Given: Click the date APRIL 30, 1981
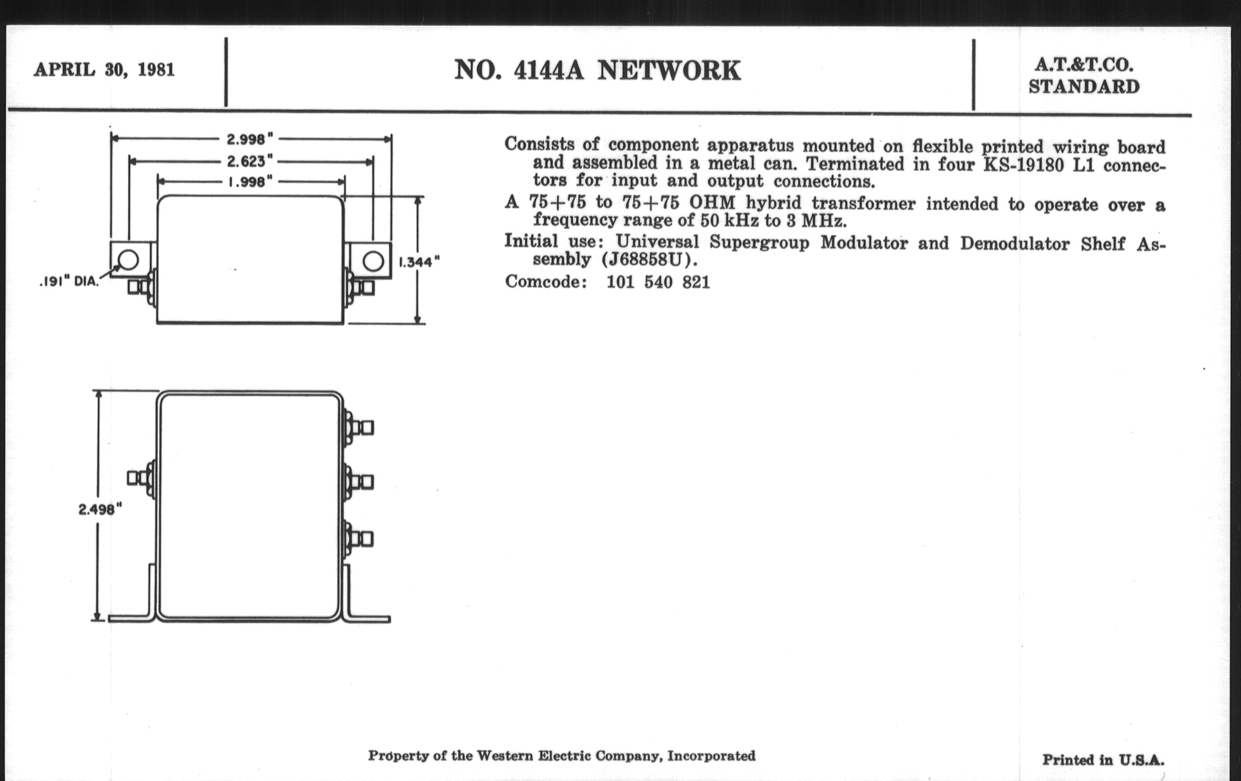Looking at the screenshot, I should click(104, 69).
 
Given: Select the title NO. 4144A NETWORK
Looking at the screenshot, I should click(597, 70).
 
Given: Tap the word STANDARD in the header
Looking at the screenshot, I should click(1084, 87).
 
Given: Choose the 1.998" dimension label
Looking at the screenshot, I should click(250, 182).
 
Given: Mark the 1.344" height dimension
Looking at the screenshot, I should click(419, 262).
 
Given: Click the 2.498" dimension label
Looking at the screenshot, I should click(100, 509).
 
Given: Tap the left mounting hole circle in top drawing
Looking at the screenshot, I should click(129, 260).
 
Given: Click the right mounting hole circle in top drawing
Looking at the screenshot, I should click(373, 261).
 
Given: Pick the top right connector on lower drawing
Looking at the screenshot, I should click(359, 427).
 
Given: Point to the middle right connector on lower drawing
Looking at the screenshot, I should click(359, 482).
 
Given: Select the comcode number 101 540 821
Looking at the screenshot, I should click(658, 282).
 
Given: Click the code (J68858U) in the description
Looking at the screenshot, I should click(649, 259).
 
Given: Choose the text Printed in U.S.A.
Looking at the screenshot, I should click(1103, 761).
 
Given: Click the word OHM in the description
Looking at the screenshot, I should click(712, 203).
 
